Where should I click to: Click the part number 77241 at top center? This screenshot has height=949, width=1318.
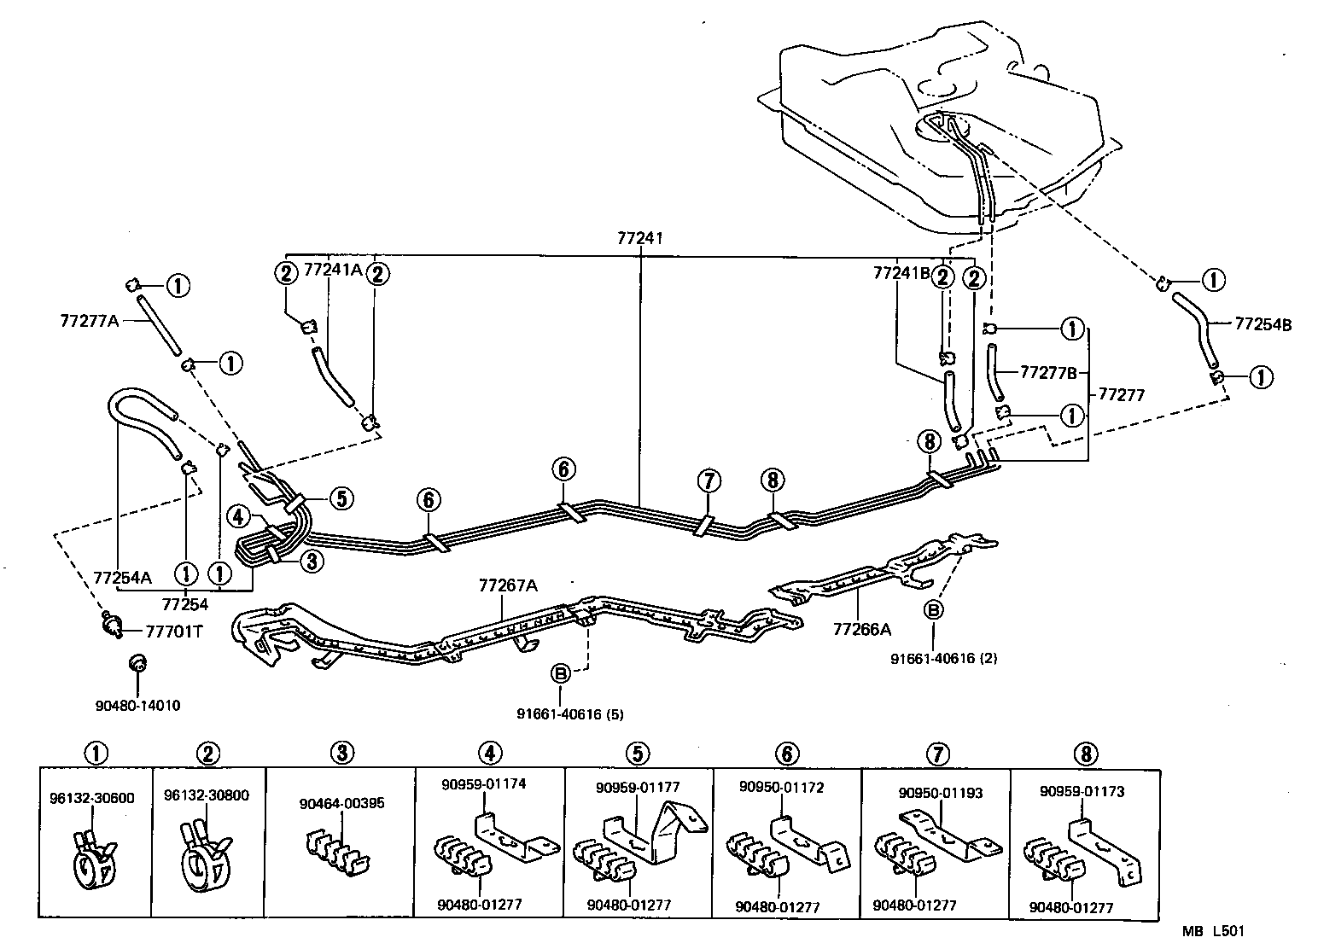[639, 240]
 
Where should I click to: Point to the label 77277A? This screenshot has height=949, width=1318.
[89, 321]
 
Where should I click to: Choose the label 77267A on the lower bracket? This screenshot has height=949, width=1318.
[508, 585]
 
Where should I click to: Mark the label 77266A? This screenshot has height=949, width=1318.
[862, 629]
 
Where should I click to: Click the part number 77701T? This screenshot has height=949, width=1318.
[174, 632]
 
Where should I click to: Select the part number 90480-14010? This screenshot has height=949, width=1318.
[138, 706]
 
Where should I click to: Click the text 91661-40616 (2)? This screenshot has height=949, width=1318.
[942, 658]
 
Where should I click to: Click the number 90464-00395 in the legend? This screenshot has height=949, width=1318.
[341, 803]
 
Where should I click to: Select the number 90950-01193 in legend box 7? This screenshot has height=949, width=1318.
[940, 793]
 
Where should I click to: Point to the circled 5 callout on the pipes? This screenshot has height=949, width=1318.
[340, 498]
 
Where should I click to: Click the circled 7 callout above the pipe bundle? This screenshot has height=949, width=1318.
[709, 481]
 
